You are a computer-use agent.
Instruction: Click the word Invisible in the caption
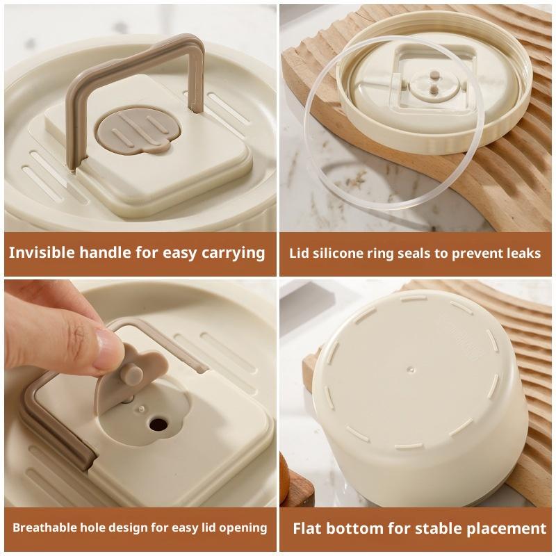(x=42, y=252)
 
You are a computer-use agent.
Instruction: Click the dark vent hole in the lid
(x=158, y=423)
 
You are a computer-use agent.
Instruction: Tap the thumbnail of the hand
(x=108, y=345)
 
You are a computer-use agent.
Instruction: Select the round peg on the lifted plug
(x=132, y=374)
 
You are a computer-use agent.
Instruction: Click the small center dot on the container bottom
(x=411, y=370)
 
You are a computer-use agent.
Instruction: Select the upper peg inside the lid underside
(x=434, y=75)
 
